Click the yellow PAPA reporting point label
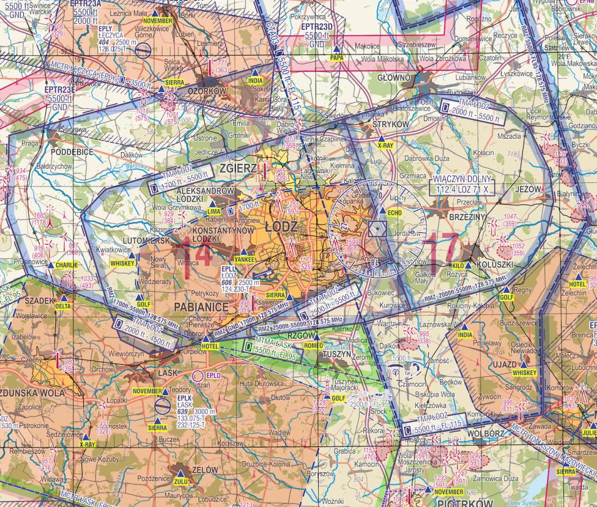click(x=336, y=57)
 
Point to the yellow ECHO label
click(x=395, y=212)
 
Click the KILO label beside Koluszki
click(x=458, y=266)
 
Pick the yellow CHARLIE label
click(x=67, y=265)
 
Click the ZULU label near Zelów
click(x=180, y=481)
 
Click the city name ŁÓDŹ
click(x=282, y=227)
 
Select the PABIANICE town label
click(x=201, y=306)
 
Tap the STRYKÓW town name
click(x=390, y=124)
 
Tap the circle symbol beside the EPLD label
click(x=197, y=374)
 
